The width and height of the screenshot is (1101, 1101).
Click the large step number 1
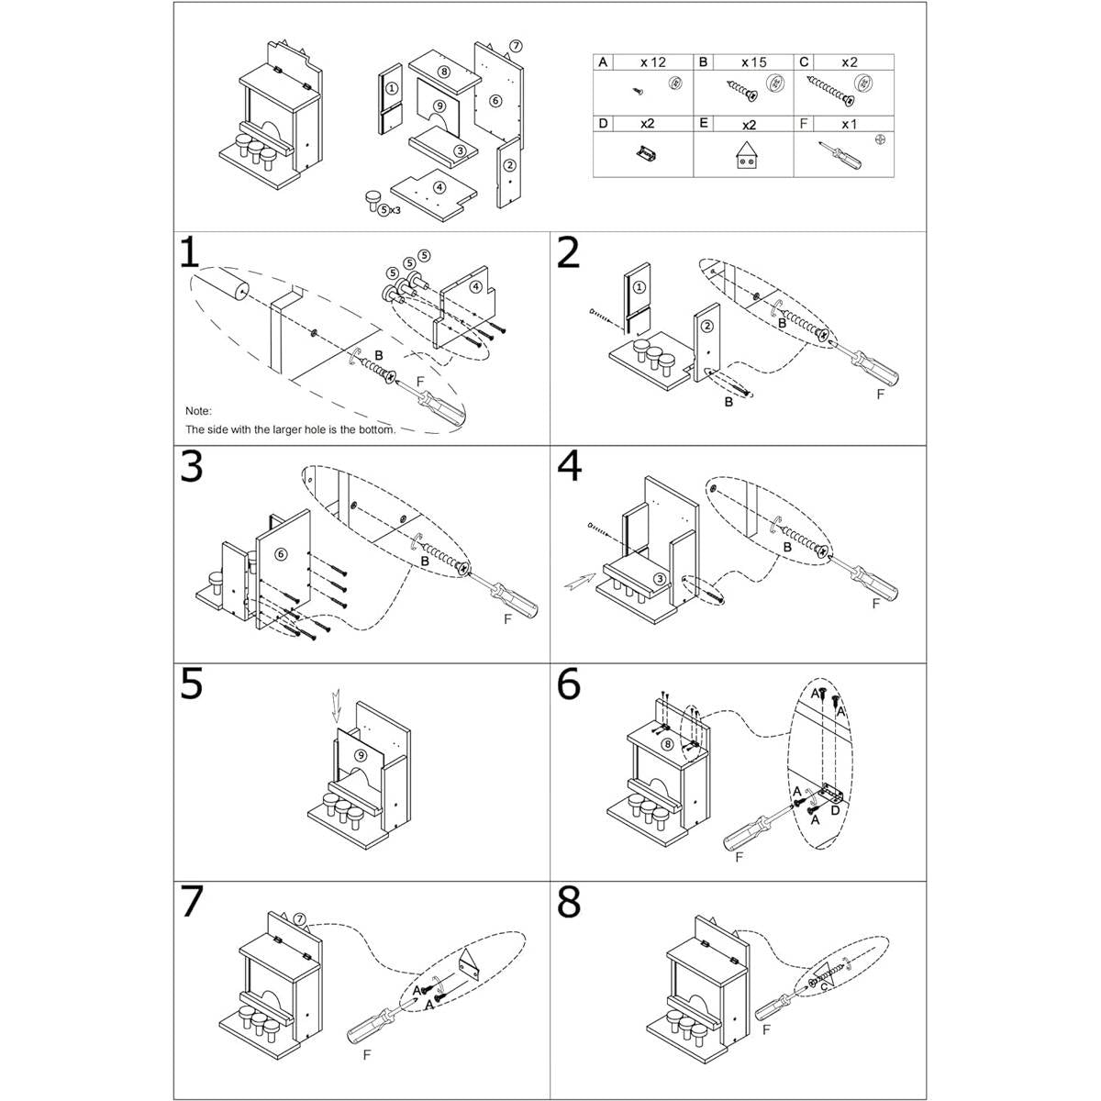click(x=189, y=252)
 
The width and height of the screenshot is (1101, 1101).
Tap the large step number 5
click(x=192, y=684)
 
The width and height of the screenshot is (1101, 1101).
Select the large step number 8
click(x=569, y=903)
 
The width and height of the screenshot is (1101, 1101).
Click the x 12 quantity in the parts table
click(x=653, y=62)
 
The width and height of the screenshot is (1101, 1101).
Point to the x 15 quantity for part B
click(x=754, y=62)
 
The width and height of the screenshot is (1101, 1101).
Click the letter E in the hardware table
click(x=703, y=123)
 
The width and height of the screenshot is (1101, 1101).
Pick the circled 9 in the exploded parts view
click(x=439, y=106)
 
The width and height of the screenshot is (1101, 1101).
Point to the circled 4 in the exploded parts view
click(x=439, y=187)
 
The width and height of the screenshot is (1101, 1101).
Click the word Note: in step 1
click(x=198, y=411)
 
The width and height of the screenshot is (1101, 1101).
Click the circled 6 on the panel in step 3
click(x=281, y=553)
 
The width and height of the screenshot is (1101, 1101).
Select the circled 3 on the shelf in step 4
click(x=660, y=579)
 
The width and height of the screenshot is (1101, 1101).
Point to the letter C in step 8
click(x=823, y=987)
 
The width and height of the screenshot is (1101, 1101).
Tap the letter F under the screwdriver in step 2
click(x=880, y=395)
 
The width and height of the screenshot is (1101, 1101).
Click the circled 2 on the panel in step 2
click(x=707, y=327)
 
